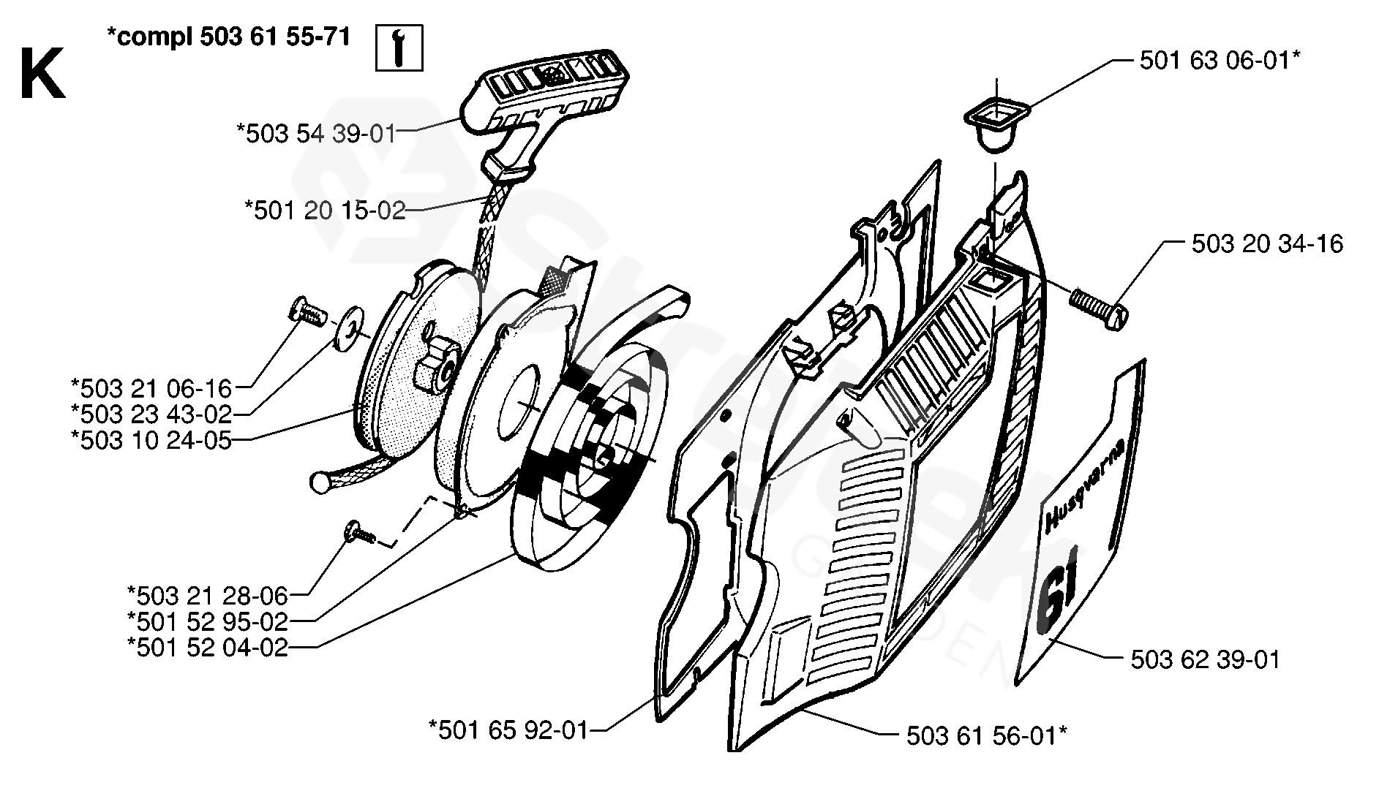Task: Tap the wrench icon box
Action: point(399,48)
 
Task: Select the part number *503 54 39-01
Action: point(315,135)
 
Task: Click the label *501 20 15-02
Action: point(324,211)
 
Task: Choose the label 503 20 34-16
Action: point(1267,243)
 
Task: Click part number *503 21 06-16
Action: point(151,387)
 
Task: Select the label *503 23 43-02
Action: point(151,414)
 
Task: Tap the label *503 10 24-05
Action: point(151,440)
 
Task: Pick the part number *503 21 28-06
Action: point(208,595)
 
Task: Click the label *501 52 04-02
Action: point(208,648)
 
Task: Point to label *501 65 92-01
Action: point(508,729)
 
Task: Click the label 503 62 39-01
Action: point(1205,660)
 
